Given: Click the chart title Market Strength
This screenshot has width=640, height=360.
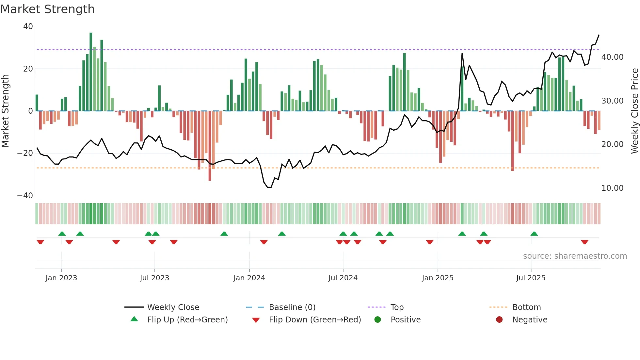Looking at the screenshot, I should (x=47, y=9).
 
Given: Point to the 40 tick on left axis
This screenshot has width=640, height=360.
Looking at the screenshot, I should (x=28, y=26).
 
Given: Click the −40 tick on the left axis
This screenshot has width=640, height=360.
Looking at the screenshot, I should (x=25, y=196).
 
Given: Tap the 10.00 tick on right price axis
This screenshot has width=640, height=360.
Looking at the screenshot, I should (x=612, y=188).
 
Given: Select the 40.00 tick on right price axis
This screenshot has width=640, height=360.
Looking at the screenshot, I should (x=612, y=57).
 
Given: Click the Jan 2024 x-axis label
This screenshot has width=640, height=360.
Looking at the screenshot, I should (x=249, y=278).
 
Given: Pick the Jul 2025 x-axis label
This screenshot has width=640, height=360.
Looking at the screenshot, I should (x=531, y=278).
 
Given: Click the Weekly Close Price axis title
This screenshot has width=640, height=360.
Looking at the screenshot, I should (x=634, y=111).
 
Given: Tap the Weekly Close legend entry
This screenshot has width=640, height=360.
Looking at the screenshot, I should (x=173, y=307).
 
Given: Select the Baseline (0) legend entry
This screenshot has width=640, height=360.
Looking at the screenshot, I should (x=292, y=307).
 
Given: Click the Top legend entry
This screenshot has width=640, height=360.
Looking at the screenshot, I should (x=397, y=307).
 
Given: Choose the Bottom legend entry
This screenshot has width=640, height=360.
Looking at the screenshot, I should (x=526, y=307).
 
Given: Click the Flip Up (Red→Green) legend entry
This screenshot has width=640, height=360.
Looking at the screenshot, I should (x=187, y=320).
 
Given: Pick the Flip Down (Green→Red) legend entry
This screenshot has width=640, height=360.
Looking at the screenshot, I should (x=315, y=320).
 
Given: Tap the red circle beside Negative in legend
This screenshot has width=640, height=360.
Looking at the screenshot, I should (x=499, y=320).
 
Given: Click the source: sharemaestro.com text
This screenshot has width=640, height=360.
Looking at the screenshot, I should (x=575, y=256).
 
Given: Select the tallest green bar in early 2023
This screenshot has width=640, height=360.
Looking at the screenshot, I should (x=91, y=72).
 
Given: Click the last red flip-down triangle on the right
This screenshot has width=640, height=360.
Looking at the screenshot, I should (x=584, y=242).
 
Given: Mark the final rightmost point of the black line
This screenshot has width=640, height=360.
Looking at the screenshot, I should (x=599, y=35).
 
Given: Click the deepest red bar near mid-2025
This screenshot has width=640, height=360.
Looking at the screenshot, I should (x=512, y=140).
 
